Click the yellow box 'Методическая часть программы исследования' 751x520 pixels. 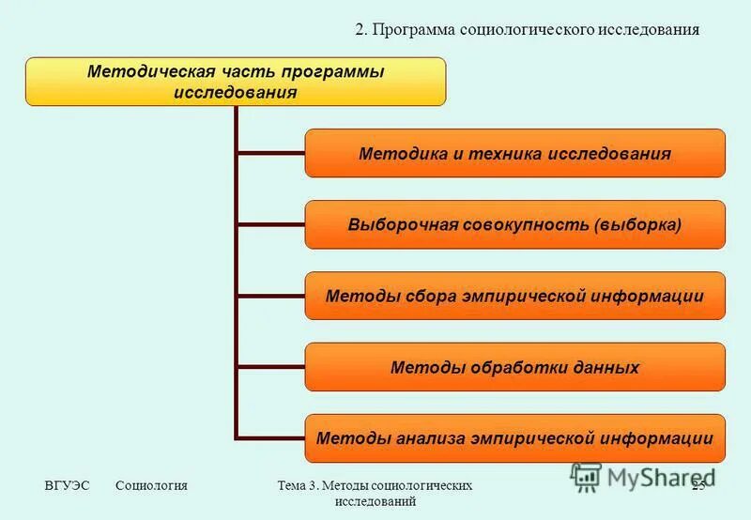coord(235,82)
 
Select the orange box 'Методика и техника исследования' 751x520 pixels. coord(514,153)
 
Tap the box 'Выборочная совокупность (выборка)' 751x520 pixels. coord(514,224)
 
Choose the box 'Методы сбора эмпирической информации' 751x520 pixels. coord(514,296)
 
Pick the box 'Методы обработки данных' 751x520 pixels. coord(514,367)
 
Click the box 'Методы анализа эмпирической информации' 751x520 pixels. coord(514,438)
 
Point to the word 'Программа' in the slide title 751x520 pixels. coord(414,29)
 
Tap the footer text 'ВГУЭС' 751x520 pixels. coord(67,485)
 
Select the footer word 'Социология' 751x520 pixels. coord(152,485)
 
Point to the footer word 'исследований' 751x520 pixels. coord(375,502)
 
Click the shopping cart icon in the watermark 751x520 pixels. coord(586,477)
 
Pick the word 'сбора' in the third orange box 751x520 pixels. coord(407,296)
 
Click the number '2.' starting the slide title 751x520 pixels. coord(361,29)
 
